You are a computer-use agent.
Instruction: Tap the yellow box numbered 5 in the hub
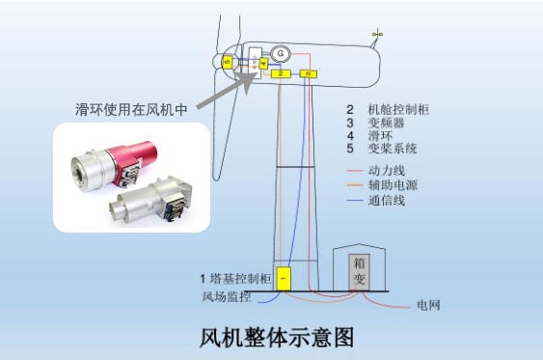227,62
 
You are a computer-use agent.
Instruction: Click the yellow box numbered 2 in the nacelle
281,73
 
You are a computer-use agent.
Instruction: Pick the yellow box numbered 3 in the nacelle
308,73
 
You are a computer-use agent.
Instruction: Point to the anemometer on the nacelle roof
377,36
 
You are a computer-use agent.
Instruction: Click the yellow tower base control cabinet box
284,278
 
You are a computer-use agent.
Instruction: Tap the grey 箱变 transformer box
358,269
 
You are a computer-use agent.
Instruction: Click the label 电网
428,306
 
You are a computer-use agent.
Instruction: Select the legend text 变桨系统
394,150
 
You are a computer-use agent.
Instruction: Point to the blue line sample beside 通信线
354,200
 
